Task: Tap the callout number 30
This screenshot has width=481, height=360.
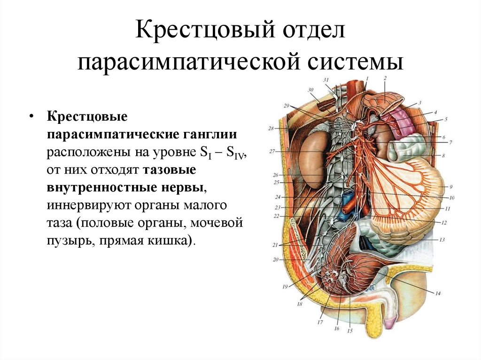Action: [x=310, y=90]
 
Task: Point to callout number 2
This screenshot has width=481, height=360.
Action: [x=385, y=78]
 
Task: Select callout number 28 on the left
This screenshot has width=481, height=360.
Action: [x=271, y=128]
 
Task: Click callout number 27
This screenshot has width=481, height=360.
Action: [x=272, y=151]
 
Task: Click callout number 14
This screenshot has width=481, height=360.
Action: [x=437, y=294]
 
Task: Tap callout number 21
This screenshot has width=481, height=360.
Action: [x=275, y=245]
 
